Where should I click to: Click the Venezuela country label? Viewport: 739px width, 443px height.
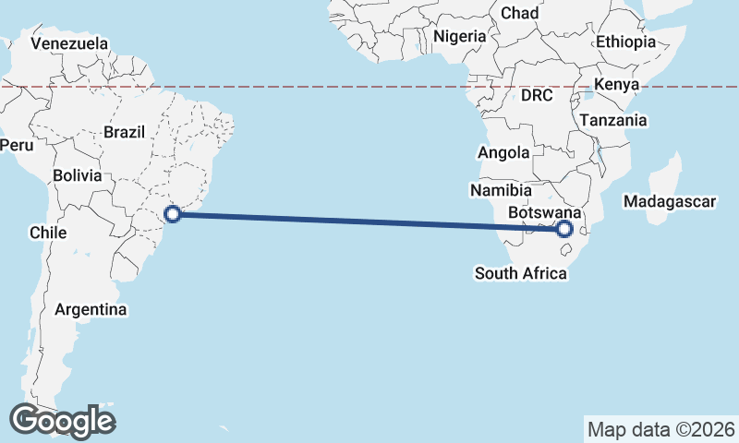click(x=69, y=43)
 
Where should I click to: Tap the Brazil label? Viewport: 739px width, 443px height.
click(x=124, y=132)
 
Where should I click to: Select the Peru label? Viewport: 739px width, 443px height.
click(x=16, y=145)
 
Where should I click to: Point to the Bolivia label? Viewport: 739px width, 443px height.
click(x=75, y=174)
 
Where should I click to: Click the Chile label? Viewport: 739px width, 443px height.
click(x=48, y=233)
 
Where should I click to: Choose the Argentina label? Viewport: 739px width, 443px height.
click(x=91, y=309)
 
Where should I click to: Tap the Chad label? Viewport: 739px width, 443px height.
click(x=519, y=13)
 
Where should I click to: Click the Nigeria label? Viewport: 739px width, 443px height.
click(x=459, y=36)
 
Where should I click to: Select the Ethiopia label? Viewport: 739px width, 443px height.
click(x=625, y=42)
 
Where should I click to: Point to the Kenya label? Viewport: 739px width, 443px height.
click(x=617, y=85)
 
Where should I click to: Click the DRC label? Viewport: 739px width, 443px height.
click(x=537, y=95)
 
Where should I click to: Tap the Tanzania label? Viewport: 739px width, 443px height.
click(x=613, y=120)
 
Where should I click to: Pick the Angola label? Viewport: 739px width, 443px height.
click(x=503, y=152)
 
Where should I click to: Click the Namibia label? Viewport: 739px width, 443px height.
click(x=501, y=190)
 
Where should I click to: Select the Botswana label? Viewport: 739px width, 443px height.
click(x=544, y=211)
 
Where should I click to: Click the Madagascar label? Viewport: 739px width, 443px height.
click(x=670, y=201)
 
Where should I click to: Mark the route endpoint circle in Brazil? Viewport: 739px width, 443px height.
click(x=173, y=214)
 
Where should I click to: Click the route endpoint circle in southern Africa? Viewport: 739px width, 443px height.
click(x=565, y=229)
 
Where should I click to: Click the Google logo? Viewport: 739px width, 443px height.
click(x=63, y=421)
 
